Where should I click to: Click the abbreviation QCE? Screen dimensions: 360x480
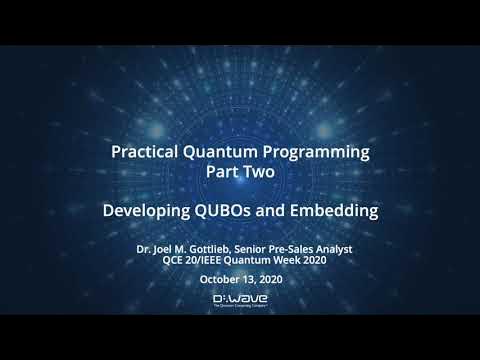[x=176, y=257]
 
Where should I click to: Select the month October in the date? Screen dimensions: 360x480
[x=221, y=279]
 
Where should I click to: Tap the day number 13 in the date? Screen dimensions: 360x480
[x=250, y=279]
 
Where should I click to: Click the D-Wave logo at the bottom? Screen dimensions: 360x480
[x=239, y=301]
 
